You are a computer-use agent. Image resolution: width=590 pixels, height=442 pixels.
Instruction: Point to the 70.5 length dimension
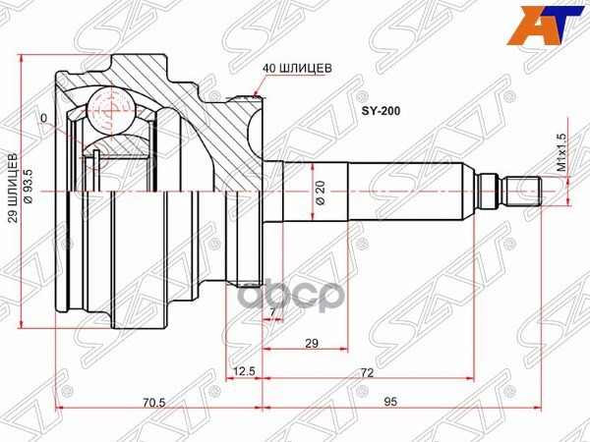click(151, 400)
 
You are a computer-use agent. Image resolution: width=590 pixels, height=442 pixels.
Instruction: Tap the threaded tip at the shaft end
click(523, 187)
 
